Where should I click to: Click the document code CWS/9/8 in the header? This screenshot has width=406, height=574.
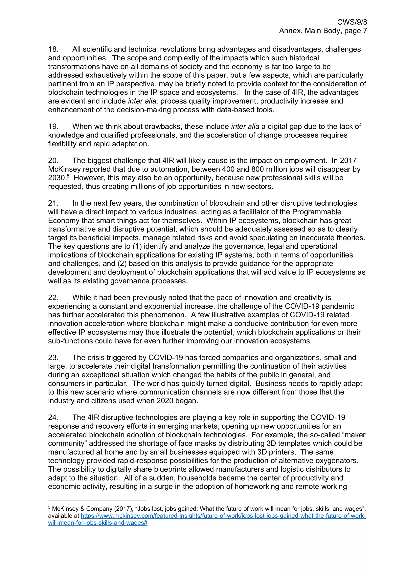click(x=352, y=22)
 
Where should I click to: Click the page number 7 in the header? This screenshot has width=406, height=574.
click(x=365, y=31)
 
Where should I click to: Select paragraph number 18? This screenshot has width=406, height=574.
click(x=53, y=49)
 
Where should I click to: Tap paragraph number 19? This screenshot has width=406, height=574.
click(x=53, y=127)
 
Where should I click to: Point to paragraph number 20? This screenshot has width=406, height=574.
click(x=53, y=160)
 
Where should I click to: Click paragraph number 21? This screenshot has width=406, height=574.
click(x=53, y=203)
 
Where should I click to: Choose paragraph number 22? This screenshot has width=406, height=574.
click(x=53, y=297)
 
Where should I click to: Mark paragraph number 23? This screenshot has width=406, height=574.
click(x=53, y=358)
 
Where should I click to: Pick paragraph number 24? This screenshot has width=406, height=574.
click(x=53, y=417)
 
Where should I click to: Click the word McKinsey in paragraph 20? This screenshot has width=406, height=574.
click(x=64, y=169)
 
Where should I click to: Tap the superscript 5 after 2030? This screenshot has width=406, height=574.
click(x=68, y=176)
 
